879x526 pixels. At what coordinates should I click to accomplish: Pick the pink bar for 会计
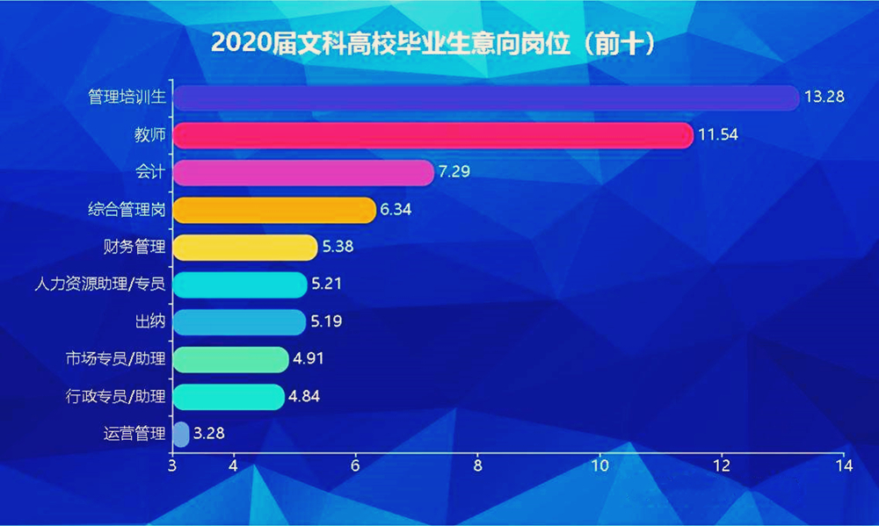[x=302, y=172]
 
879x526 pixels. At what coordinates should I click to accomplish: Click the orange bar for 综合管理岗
[x=273, y=210]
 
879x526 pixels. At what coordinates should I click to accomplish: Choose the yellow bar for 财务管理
[x=244, y=247]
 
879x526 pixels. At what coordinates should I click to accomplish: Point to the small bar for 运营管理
[x=181, y=434]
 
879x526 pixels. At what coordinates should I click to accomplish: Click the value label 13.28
[x=824, y=97]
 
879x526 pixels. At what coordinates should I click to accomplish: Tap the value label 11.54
[x=717, y=135]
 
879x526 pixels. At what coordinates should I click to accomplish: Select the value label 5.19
[x=325, y=322]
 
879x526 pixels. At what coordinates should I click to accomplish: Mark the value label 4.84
[x=303, y=397]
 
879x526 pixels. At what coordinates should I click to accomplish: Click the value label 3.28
[x=212, y=434]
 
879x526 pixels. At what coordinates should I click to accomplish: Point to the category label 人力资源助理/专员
[x=99, y=285]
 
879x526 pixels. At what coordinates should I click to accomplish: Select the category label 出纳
[x=150, y=322]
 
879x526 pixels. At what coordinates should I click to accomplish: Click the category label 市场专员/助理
[x=115, y=359]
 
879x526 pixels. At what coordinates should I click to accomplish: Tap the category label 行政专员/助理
[x=115, y=397]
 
